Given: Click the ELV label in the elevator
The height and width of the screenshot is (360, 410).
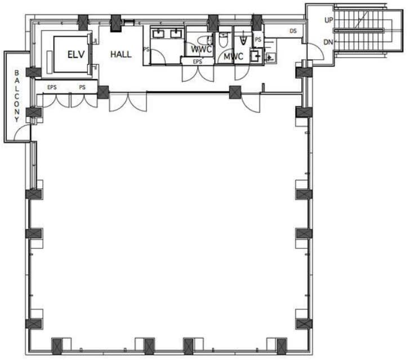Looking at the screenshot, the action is click(x=76, y=55).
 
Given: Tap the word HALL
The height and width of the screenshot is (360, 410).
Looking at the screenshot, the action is click(x=121, y=54).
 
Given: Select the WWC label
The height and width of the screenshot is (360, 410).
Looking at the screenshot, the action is click(x=201, y=49).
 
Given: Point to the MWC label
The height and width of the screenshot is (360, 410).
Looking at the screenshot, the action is click(x=234, y=56).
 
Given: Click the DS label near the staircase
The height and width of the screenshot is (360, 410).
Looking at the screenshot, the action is click(x=293, y=31).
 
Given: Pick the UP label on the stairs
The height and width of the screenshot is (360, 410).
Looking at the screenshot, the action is click(x=329, y=20).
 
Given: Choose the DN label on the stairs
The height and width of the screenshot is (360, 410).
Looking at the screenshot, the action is click(x=328, y=42).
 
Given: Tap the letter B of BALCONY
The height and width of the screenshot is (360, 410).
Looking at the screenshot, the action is click(x=17, y=73).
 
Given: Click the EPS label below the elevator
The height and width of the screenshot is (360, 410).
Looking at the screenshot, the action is click(x=52, y=87).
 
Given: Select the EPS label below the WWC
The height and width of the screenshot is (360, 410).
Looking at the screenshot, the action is click(x=198, y=61).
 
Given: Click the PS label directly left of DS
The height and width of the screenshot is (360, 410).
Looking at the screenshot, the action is click(x=258, y=39).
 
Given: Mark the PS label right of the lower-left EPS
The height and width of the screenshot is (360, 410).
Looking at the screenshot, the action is click(x=82, y=87).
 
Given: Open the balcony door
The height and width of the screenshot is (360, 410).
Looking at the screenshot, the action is click(x=22, y=133).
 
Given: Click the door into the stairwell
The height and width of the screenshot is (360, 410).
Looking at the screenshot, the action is click(x=315, y=52).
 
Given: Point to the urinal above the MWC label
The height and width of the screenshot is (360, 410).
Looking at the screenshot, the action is click(x=243, y=39).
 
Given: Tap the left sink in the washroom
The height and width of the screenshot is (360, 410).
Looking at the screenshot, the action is click(x=158, y=33).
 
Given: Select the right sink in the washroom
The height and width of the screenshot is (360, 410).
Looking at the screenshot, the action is click(x=176, y=33).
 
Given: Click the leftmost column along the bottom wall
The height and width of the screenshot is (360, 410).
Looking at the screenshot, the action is click(x=57, y=346).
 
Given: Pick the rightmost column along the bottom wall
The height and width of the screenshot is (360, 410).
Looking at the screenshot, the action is click(x=282, y=346).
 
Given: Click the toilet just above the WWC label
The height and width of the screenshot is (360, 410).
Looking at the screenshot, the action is click(x=205, y=41).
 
